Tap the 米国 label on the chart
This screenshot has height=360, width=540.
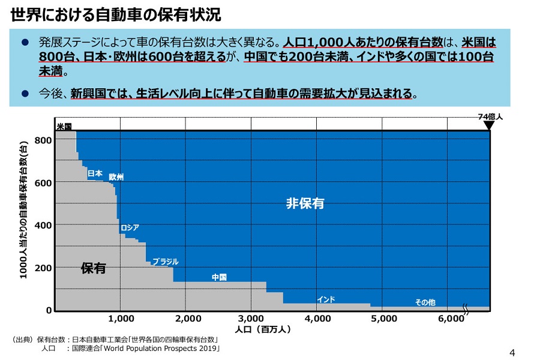(x=64, y=127)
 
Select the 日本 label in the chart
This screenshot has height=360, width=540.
(x=95, y=173)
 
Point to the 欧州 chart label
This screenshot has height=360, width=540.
(x=116, y=178)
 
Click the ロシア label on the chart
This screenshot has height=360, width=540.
(x=130, y=227)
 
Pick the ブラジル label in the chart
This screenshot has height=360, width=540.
(x=165, y=262)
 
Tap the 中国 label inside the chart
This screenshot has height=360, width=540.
(x=219, y=277)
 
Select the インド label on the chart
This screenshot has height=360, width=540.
(x=326, y=299)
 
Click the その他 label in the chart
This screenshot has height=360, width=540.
(x=425, y=302)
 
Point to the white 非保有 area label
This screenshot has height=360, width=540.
(x=305, y=203)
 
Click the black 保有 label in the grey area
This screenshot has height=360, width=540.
(x=93, y=268)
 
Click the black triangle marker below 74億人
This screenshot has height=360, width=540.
(x=489, y=126)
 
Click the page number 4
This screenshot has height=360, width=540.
(x=512, y=352)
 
